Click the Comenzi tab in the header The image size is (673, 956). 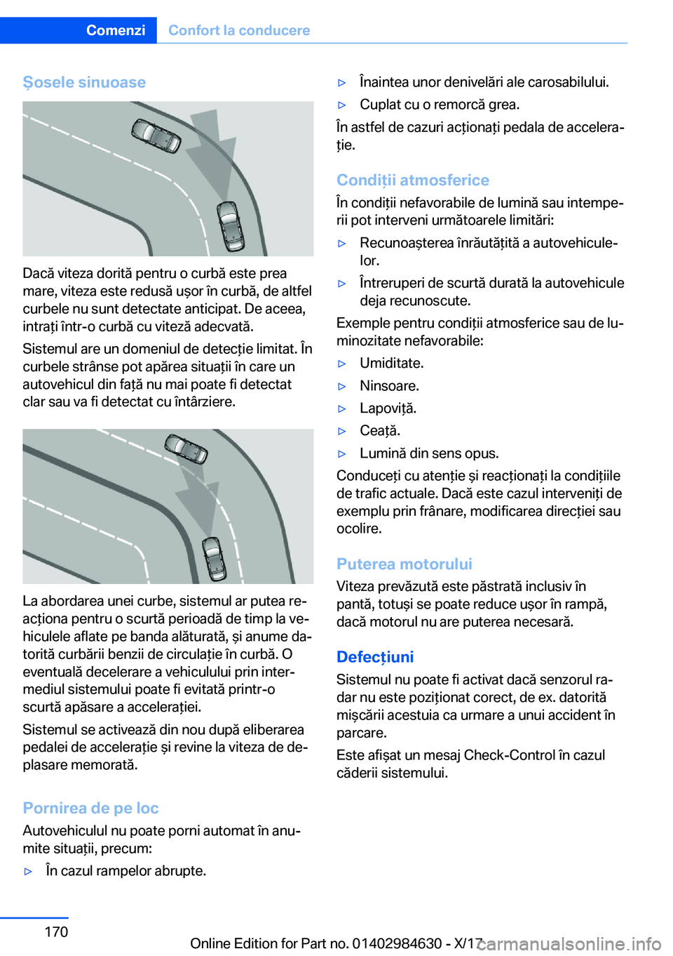point(116,30)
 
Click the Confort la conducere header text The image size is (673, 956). point(238,30)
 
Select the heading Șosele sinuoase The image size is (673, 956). point(84,82)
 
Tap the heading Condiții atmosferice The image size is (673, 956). point(412,180)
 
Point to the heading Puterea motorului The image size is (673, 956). point(404,564)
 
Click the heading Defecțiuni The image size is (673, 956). point(375,656)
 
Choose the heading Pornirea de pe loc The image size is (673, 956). point(90,808)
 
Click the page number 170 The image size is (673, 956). point(56,931)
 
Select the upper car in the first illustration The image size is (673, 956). point(156,135)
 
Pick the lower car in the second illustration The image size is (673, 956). point(215,558)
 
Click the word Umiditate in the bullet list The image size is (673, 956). point(391,363)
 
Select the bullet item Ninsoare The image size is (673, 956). point(389,385)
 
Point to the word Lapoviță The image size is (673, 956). point(388,408)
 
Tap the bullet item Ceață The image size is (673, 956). point(380,430)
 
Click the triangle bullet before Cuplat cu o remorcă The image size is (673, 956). point(343,105)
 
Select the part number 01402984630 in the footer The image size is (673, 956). point(397,943)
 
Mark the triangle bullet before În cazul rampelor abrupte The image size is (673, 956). point(29,871)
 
